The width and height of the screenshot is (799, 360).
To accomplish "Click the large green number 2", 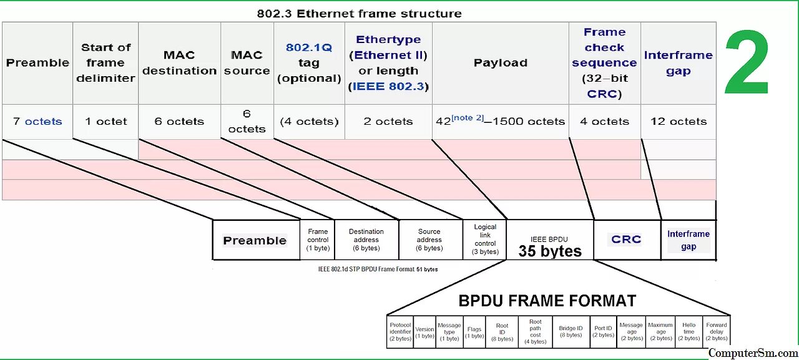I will [747, 63].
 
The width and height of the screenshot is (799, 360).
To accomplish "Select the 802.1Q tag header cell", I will [309, 63].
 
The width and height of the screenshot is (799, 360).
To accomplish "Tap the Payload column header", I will [500, 63].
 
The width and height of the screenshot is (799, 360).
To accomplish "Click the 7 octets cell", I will [37, 122].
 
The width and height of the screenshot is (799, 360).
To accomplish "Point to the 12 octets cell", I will [679, 122].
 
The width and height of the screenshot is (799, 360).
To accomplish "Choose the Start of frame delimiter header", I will [105, 63].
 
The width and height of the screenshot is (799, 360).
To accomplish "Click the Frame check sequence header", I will [604, 63].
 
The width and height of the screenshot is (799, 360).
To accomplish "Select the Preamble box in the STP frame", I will [255, 240].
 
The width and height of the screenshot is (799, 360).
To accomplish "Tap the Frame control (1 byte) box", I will [318, 240].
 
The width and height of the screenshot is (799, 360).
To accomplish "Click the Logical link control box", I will [485, 240].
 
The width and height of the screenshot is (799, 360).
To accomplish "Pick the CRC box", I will [626, 240].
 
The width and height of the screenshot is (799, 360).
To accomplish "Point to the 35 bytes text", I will [550, 251].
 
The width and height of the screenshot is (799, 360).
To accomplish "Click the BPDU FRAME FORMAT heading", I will [547, 301].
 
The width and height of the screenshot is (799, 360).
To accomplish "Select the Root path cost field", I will [536, 332].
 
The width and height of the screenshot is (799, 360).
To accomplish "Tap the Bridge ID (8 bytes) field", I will [571, 332].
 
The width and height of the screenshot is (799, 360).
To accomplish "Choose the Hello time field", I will [689, 332].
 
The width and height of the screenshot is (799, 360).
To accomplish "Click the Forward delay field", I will [716, 332].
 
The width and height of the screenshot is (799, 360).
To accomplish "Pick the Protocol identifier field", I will [400, 332].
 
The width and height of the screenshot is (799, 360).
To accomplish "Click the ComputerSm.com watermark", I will [753, 353].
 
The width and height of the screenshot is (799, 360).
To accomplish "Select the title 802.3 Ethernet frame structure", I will [359, 13].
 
